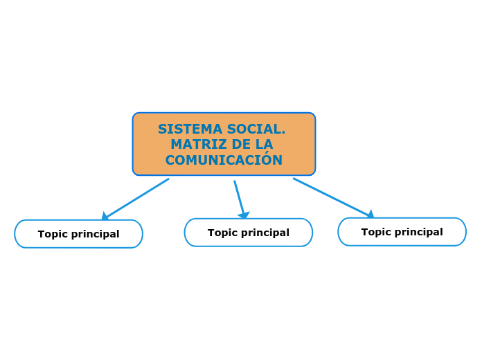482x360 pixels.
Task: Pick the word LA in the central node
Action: pyautogui.click(x=265, y=145)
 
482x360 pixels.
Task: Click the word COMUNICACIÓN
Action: pyautogui.click(x=224, y=161)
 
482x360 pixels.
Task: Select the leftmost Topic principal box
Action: pyautogui.click(x=78, y=234)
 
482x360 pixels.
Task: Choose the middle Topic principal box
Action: pyautogui.click(x=248, y=233)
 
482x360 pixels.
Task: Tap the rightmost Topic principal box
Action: pyautogui.click(x=402, y=232)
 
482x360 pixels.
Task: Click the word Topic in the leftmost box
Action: pyautogui.click(x=53, y=234)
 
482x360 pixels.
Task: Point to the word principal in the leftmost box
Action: pyautogui.click(x=95, y=235)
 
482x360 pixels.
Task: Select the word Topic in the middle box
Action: pyautogui.click(x=222, y=233)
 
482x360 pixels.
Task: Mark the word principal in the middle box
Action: pyautogui.click(x=265, y=233)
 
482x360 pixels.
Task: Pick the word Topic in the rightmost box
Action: pyautogui.click(x=376, y=232)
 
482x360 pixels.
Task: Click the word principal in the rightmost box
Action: pyautogui.click(x=418, y=233)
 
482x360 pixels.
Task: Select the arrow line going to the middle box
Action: pyautogui.click(x=239, y=197)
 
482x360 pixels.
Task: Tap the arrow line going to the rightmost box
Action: pyautogui.click(x=330, y=197)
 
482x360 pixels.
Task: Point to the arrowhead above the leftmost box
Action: pyautogui.click(x=105, y=217)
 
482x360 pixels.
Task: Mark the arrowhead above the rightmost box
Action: pyautogui.click(x=371, y=215)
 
